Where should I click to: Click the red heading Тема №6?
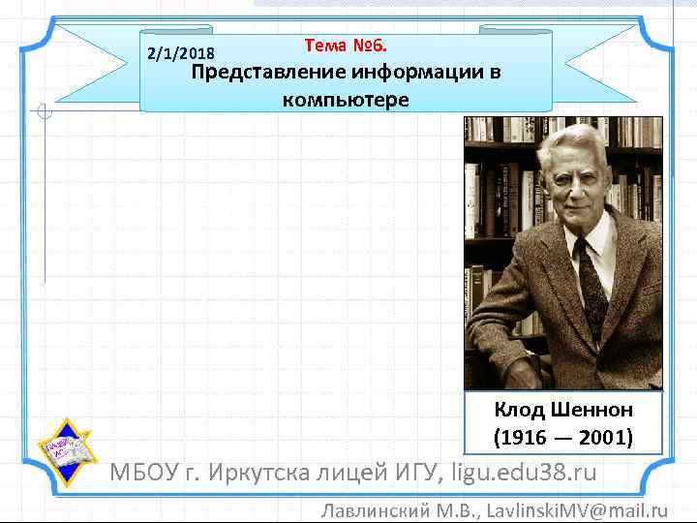coord(346,45)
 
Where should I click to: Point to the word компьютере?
coord(346,99)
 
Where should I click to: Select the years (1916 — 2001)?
coord(563,437)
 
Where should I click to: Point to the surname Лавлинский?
coord(374,509)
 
